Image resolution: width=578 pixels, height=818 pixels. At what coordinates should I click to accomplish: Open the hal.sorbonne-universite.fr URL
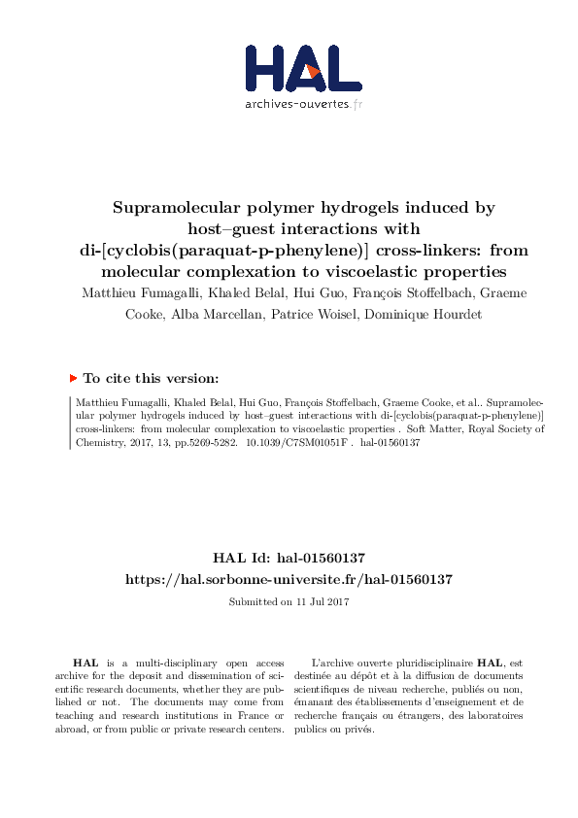tap(289, 578)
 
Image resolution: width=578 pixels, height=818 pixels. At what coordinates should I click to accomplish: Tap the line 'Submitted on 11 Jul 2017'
tap(289, 601)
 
